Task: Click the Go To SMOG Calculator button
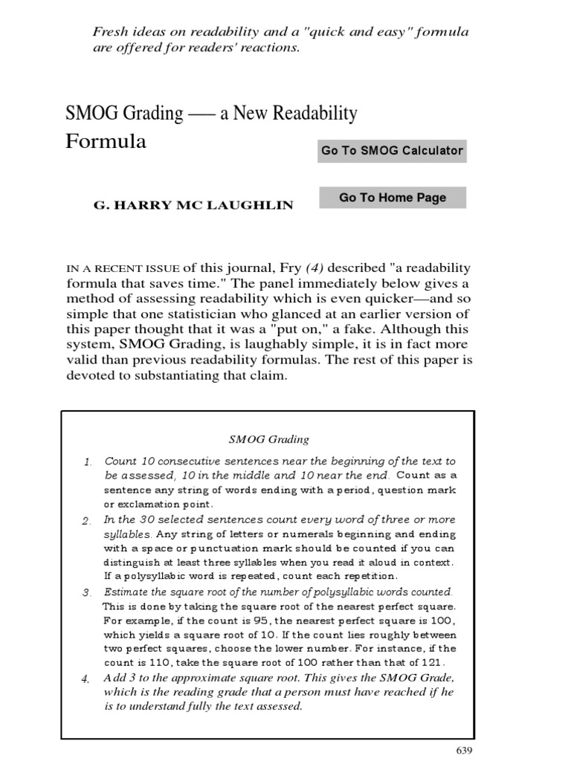click(392, 150)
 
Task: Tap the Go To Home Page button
click(392, 198)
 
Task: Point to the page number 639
click(463, 750)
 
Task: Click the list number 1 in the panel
click(87, 463)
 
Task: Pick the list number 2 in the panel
click(87, 520)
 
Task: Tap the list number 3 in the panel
click(87, 593)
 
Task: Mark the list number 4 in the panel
click(87, 679)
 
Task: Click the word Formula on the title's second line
click(106, 141)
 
